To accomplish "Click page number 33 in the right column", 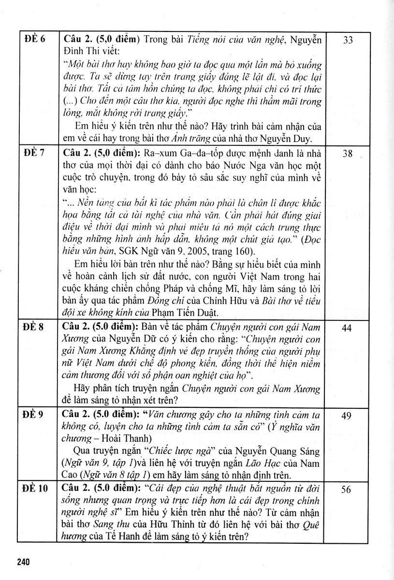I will (348, 41).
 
